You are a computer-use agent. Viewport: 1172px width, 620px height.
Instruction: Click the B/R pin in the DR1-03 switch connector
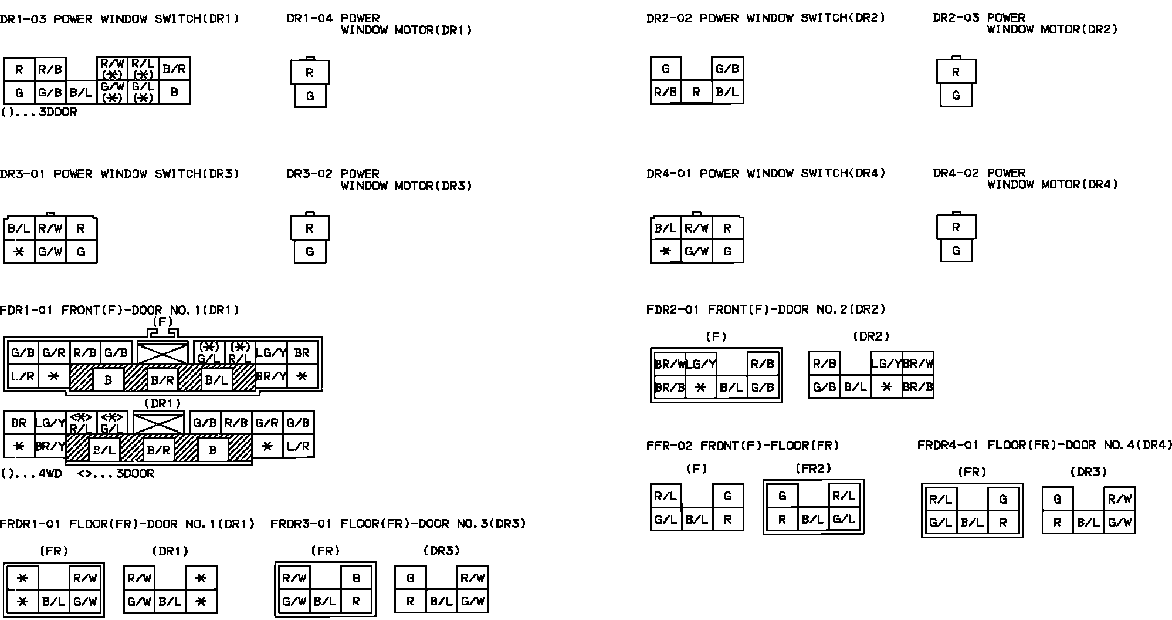coord(174,69)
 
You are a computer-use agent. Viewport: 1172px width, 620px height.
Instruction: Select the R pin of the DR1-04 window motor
coord(310,73)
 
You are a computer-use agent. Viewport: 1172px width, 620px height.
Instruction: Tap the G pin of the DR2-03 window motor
coord(956,95)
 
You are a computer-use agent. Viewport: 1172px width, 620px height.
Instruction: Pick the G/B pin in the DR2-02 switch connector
coord(727,69)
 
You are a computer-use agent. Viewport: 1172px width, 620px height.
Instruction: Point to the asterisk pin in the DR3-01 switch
coord(19,252)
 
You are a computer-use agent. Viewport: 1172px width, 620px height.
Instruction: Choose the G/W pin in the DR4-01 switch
coord(697,251)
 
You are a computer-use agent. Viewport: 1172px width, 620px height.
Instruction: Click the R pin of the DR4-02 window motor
coord(956,227)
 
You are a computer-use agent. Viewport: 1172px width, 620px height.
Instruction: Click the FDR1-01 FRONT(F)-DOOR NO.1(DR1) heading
coord(120,310)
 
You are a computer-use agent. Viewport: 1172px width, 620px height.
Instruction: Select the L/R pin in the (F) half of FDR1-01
coord(23,376)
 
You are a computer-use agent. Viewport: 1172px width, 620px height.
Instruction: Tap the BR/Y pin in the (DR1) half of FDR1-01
coord(50,446)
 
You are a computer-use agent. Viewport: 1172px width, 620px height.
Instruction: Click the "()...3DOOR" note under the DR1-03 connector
coord(39,112)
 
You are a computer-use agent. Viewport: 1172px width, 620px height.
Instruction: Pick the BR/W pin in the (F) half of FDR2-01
coord(669,365)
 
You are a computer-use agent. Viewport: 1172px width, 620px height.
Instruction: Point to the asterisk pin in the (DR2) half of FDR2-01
coord(887,387)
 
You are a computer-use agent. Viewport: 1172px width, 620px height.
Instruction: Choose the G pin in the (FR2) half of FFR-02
coord(783,496)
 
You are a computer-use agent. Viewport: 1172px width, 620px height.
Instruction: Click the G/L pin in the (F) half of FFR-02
coord(666,519)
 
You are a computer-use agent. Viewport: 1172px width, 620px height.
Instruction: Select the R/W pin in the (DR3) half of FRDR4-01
coord(1120,499)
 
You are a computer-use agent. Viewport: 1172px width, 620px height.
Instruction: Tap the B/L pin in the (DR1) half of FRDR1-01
coord(170,601)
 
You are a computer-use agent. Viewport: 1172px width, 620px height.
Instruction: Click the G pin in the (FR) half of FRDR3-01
coord(356,578)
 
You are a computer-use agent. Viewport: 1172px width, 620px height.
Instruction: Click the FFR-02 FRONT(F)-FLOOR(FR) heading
coord(743,446)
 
